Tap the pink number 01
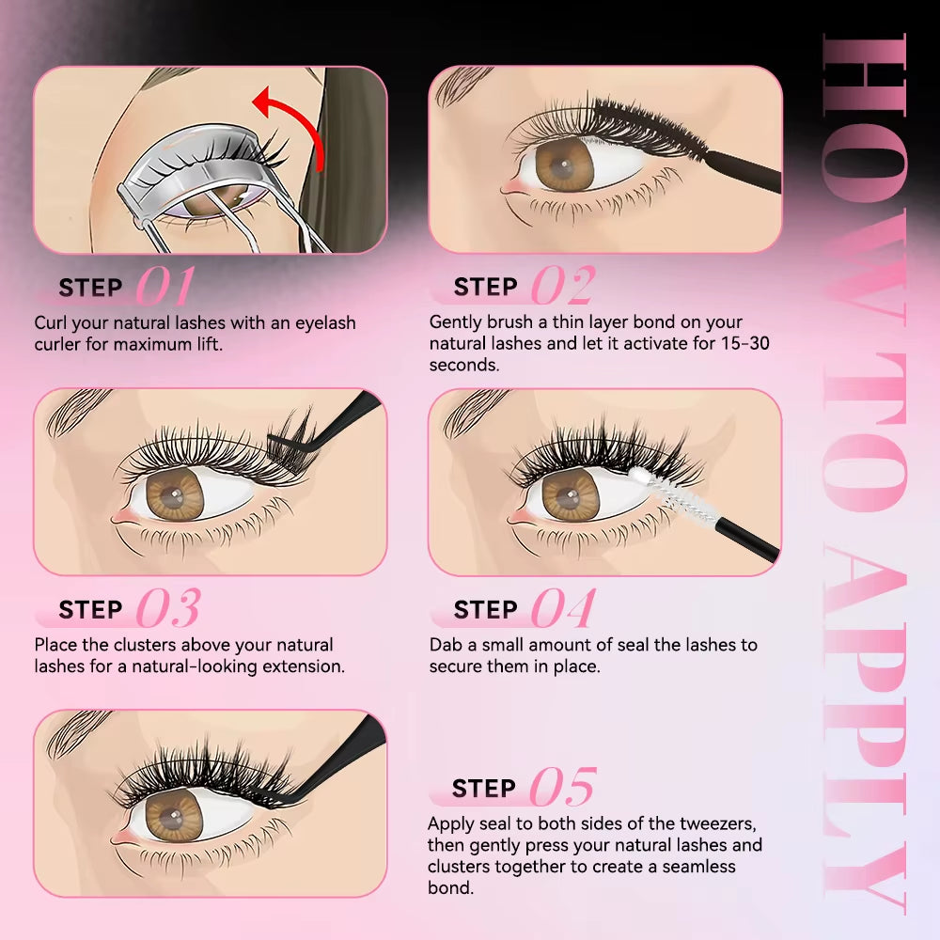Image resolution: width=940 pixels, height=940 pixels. tap(165, 287)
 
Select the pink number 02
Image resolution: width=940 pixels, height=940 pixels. tap(562, 287)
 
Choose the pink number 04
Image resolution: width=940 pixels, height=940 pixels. tap(562, 610)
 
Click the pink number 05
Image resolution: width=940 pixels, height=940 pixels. tap(562, 788)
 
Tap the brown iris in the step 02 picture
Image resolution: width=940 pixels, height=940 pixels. tap(565, 163)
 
